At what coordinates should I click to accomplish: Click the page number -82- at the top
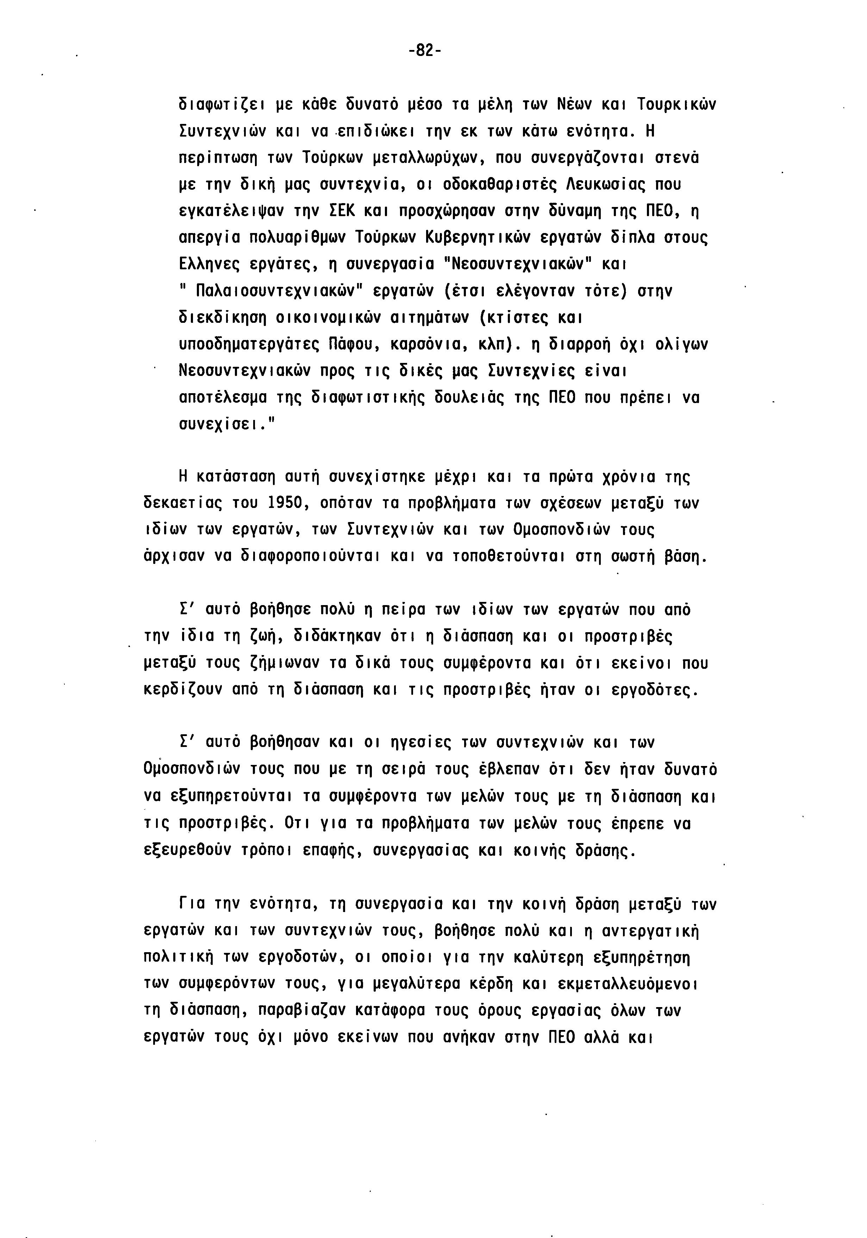pos(425,51)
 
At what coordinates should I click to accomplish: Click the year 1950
pos(287,504)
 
